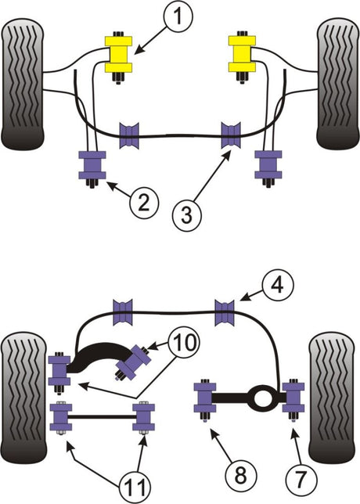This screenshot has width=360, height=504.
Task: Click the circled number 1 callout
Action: click(178, 16)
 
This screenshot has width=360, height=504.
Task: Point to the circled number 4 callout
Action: click(278, 284)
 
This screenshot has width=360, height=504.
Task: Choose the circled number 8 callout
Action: click(241, 475)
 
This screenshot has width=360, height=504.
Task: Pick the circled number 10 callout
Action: click(185, 342)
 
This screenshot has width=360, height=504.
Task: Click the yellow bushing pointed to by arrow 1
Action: click(119, 54)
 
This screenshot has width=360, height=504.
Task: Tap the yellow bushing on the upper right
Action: click(242, 54)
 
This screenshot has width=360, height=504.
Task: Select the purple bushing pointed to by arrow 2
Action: click(92, 165)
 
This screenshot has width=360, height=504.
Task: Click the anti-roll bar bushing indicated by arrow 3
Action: click(231, 135)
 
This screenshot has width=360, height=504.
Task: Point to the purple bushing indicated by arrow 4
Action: click(225, 312)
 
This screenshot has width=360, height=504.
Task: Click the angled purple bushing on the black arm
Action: click(134, 362)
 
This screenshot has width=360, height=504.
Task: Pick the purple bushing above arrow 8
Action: click(205, 398)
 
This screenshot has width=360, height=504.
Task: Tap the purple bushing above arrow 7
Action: click(293, 398)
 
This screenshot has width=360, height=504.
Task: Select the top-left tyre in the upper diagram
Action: click(23, 85)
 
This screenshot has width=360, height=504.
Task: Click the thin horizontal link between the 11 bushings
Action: click(103, 417)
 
